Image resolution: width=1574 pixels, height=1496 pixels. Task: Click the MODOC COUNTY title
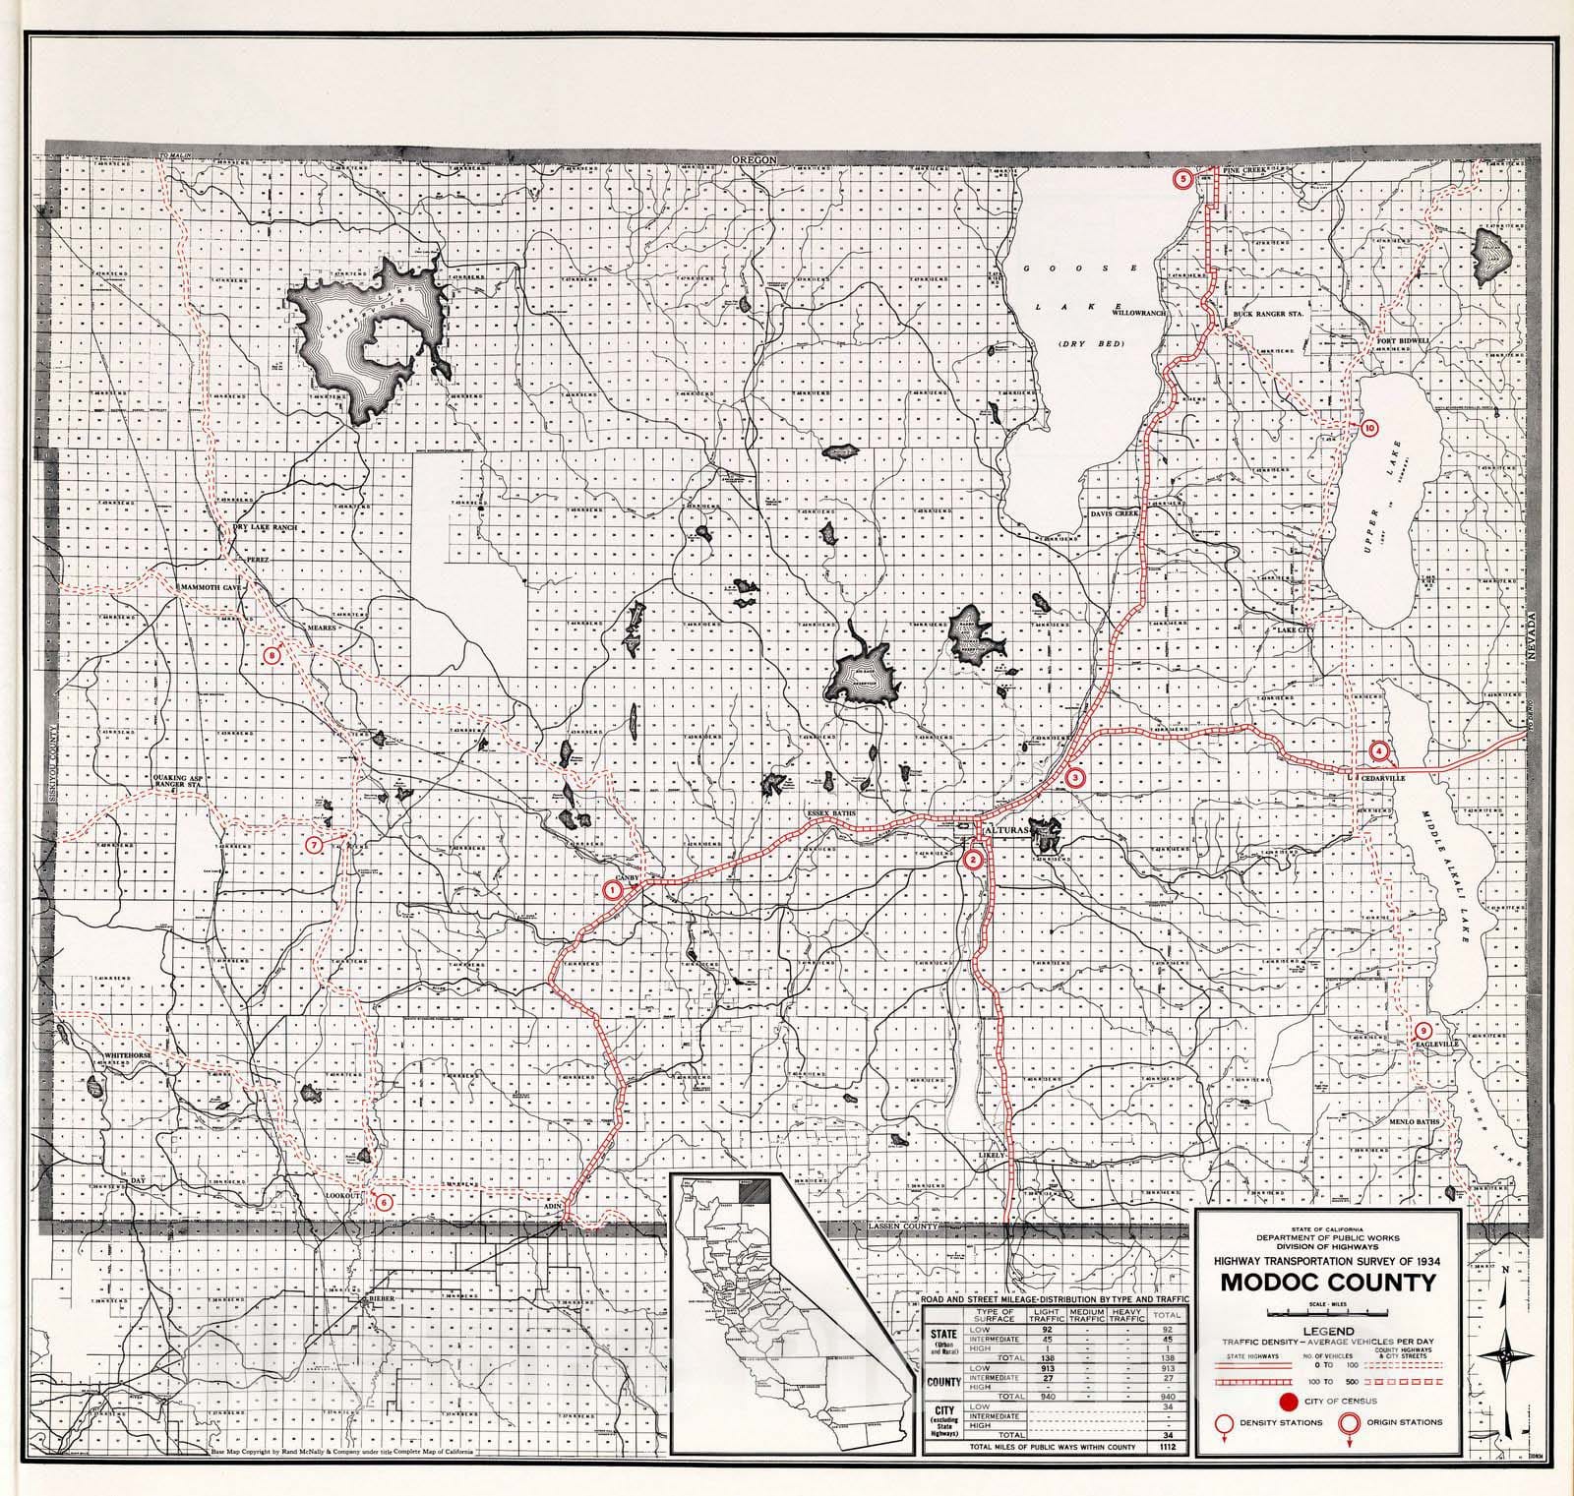coord(1328,1283)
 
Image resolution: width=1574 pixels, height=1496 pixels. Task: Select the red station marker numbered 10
coord(1368,428)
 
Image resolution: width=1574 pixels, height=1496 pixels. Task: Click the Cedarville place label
coord(1381,777)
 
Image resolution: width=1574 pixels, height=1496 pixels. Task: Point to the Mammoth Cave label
coord(209,585)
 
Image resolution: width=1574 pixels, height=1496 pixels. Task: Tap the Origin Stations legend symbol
coord(1348,1422)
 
